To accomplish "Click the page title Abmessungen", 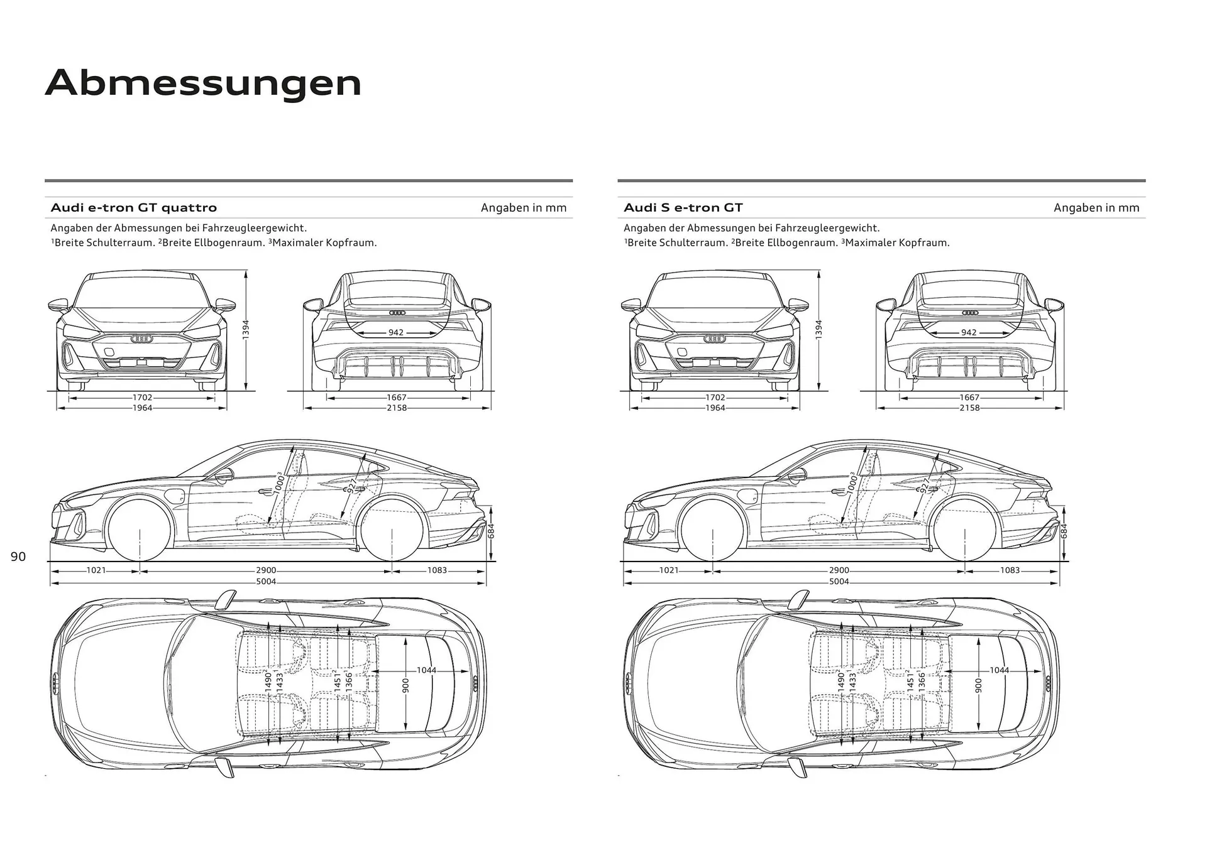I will [203, 83].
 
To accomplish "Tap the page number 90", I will [18, 557].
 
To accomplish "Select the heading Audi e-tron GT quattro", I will [133, 208].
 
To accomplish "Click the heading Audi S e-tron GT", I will [683, 208].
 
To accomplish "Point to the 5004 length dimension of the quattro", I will [266, 582].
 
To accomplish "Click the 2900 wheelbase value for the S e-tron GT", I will [839, 570].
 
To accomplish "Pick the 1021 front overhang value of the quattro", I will [96, 570].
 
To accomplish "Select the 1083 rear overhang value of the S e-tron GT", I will [1010, 570].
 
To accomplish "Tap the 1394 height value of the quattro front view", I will [246, 330].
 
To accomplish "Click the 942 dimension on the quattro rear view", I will [395, 332].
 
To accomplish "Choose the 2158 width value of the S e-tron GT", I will [969, 408].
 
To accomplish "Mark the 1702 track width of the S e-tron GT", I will [715, 398].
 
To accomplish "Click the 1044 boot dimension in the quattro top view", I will [426, 670].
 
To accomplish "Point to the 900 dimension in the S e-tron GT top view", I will [978, 686].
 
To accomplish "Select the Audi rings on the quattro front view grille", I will [141, 339].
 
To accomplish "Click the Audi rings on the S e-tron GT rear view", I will [970, 313].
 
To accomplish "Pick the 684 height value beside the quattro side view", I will [492, 531].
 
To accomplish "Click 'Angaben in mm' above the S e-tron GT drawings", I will [1096, 208].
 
